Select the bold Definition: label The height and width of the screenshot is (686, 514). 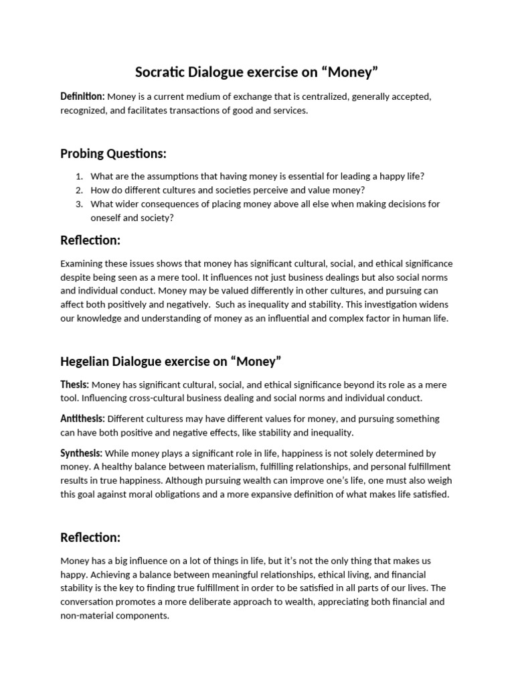tap(82, 96)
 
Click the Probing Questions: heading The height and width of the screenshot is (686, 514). tap(113, 153)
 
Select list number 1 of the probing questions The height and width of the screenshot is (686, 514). tap(78, 176)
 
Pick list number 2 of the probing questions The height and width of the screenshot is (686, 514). tap(78, 190)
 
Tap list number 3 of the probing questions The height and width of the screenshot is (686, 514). tap(78, 204)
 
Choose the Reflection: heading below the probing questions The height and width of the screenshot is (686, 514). tap(90, 240)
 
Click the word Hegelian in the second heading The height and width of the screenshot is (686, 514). tap(86, 362)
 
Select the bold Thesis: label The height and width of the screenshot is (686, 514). tap(74, 385)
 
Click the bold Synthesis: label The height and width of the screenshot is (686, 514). tap(82, 453)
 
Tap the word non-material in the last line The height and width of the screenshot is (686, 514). tap(86, 616)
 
